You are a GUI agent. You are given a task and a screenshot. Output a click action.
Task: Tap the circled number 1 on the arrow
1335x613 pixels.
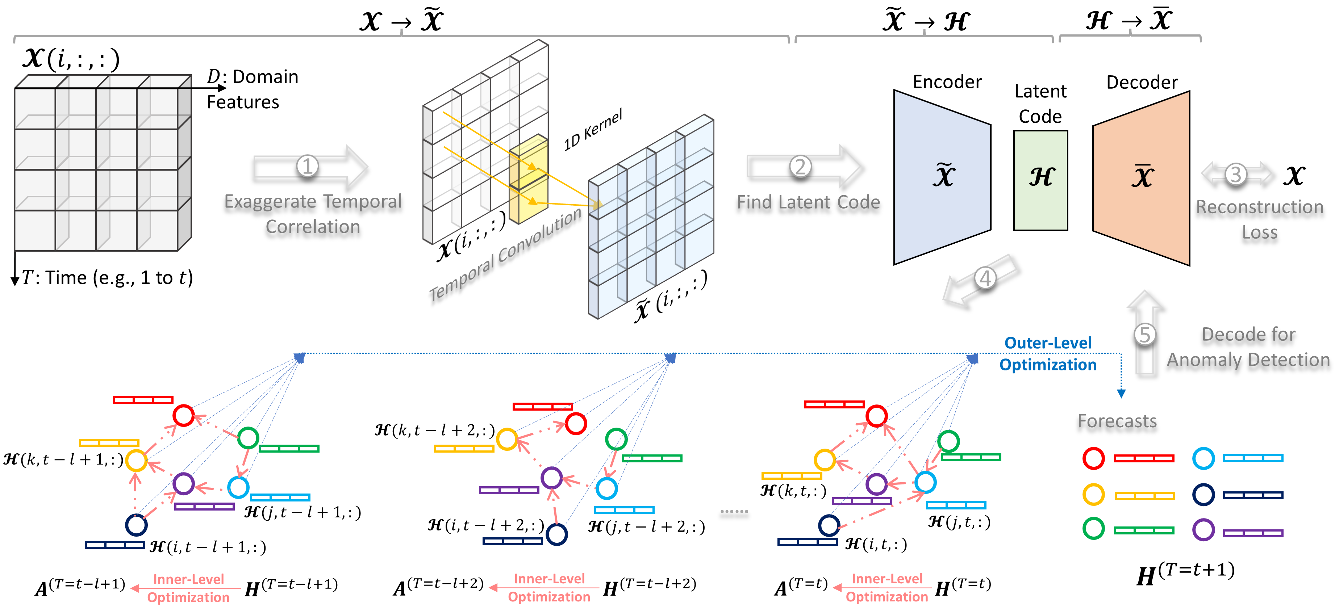tap(307, 166)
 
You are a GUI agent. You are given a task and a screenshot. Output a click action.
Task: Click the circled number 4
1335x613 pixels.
tap(985, 278)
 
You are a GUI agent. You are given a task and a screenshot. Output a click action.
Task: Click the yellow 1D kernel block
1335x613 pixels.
tap(529, 179)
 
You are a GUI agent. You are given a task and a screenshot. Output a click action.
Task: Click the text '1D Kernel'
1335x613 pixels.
tap(593, 130)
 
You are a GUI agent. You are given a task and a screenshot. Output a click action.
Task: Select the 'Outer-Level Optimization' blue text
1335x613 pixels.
tap(1047, 354)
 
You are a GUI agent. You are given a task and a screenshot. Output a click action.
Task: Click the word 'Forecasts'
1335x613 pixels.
tap(1117, 421)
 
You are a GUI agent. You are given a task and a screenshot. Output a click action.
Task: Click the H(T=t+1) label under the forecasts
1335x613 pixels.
tap(1185, 574)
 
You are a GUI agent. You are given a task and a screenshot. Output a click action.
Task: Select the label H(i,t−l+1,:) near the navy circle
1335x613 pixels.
tap(207, 547)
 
